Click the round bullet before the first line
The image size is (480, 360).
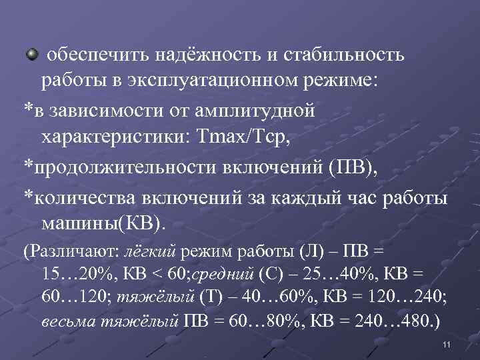(31, 53)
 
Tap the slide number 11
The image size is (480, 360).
(447, 344)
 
